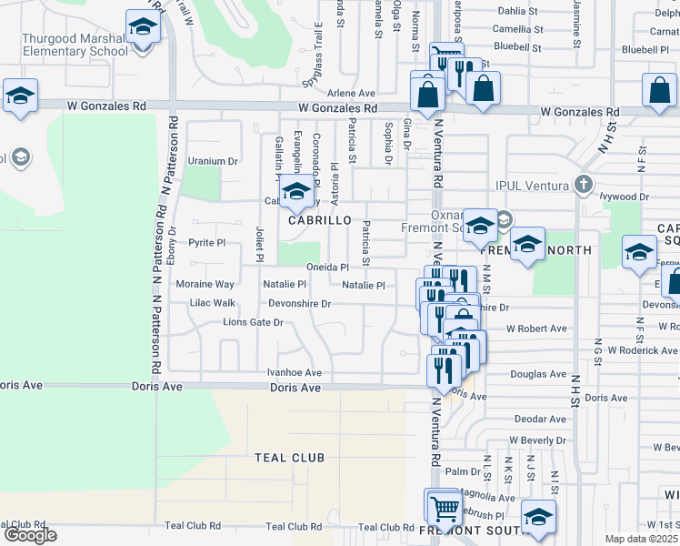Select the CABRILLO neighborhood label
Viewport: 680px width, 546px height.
coord(320,220)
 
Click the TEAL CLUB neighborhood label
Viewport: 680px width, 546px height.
coord(289,458)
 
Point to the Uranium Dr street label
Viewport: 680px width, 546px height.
coord(212,161)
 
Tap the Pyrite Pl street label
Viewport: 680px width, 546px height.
coord(206,243)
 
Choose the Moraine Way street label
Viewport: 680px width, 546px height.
coord(211,285)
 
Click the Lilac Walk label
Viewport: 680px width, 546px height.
coord(212,303)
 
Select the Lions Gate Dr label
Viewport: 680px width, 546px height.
coord(254,322)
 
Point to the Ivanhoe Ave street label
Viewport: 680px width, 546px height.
coord(294,372)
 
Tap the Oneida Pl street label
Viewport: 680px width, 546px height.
coord(327,267)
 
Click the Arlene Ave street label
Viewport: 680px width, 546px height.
coord(351,93)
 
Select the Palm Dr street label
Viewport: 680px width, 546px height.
coord(463,471)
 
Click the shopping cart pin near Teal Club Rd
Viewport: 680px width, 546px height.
coord(443,506)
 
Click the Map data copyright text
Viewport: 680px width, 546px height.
coord(642,539)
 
